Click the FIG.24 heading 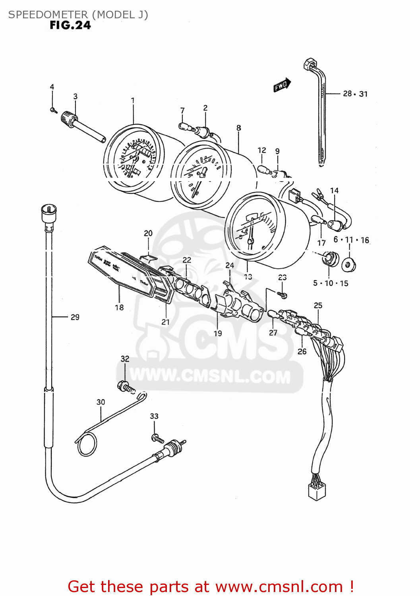click(x=70, y=25)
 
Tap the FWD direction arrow click(x=282, y=85)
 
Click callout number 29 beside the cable click(x=75, y=317)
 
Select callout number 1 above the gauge click(x=133, y=101)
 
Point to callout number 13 click(x=248, y=277)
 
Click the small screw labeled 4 click(x=52, y=110)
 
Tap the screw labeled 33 click(x=157, y=439)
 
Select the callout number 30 click(x=101, y=402)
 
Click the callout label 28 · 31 click(x=355, y=94)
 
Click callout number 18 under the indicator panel click(x=119, y=307)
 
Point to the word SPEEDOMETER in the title click(x=48, y=15)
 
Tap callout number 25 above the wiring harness click(x=318, y=305)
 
